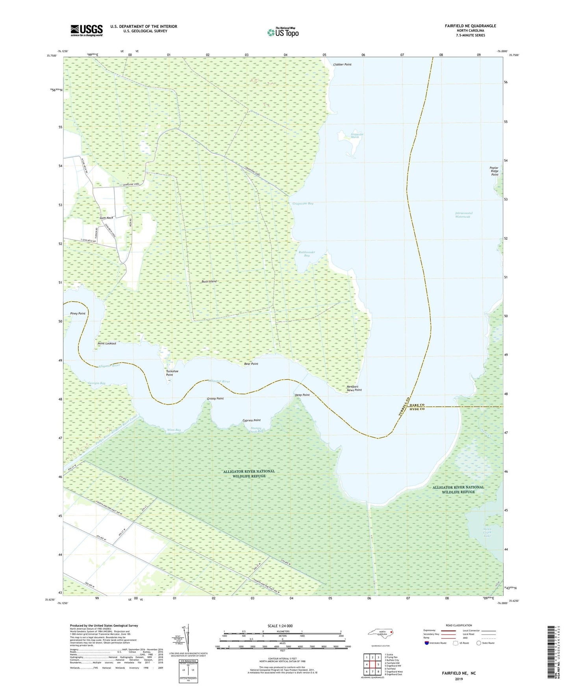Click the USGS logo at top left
tap(86, 30)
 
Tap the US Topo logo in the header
tap(283, 32)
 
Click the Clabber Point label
tap(342, 65)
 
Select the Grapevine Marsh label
tap(357, 136)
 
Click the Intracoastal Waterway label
tap(463, 215)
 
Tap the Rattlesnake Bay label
tap(306, 254)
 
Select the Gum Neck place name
tap(106, 218)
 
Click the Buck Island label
tap(209, 281)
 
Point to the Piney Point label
tap(78, 314)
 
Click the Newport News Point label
tap(354, 388)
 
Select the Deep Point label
tap(302, 395)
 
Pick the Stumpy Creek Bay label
tap(256, 430)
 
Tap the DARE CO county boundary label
tap(417, 405)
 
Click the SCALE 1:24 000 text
tap(280, 626)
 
